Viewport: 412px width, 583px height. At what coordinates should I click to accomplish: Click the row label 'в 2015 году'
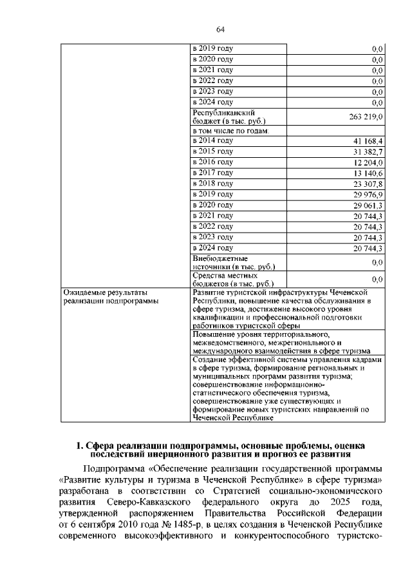(212, 151)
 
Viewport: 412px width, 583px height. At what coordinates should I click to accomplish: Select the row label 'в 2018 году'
(212, 184)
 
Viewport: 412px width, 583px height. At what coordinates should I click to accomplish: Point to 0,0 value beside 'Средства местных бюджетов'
(378, 280)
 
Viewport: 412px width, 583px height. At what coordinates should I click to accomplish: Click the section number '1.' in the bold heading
(80, 445)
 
